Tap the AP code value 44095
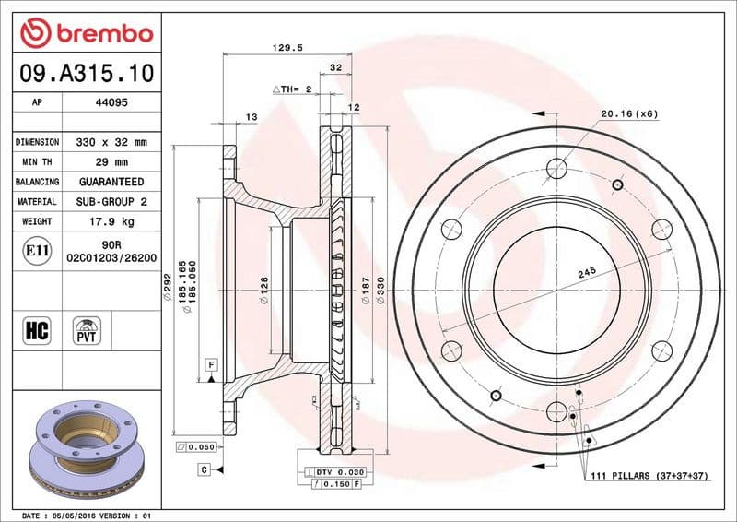click(111, 102)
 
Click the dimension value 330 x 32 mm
click(111, 143)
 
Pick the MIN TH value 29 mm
click(111, 162)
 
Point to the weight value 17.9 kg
click(111, 221)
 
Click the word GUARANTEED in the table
click(111, 182)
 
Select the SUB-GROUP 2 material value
click(111, 201)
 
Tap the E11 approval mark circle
click(38, 250)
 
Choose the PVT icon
click(87, 329)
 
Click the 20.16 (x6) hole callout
click(629, 114)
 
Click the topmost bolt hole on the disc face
click(556, 168)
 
